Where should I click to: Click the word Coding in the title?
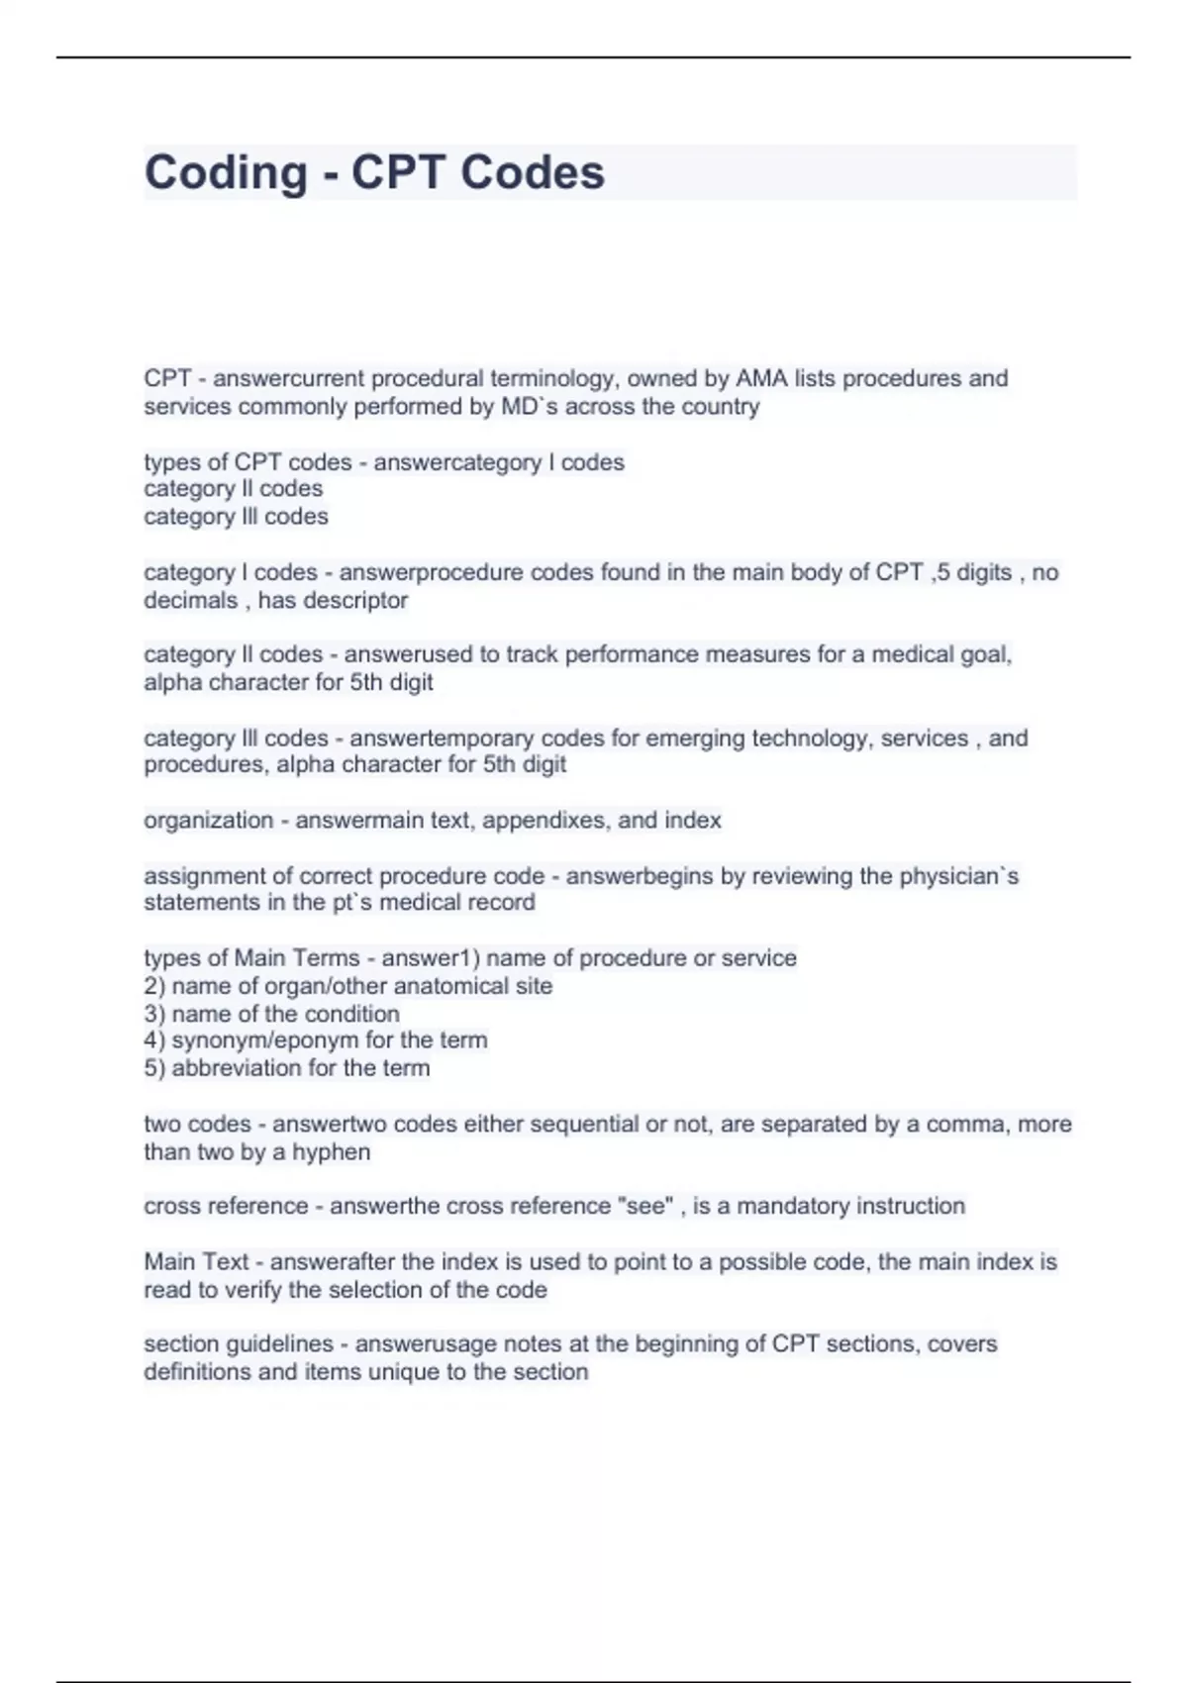[226, 172]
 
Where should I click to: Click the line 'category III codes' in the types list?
[236, 516]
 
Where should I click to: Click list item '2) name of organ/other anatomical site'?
[347, 986]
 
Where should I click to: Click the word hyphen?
[331, 1151]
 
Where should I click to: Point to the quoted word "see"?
[644, 1206]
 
